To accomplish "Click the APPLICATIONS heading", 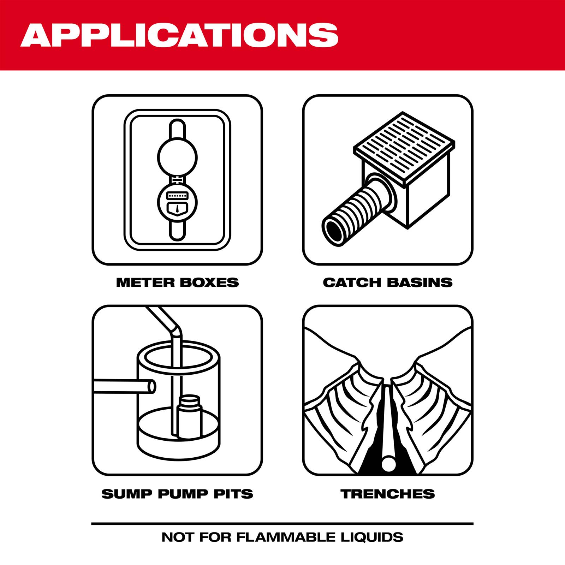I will coord(179,35).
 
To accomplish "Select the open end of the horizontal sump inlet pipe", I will coord(150,388).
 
